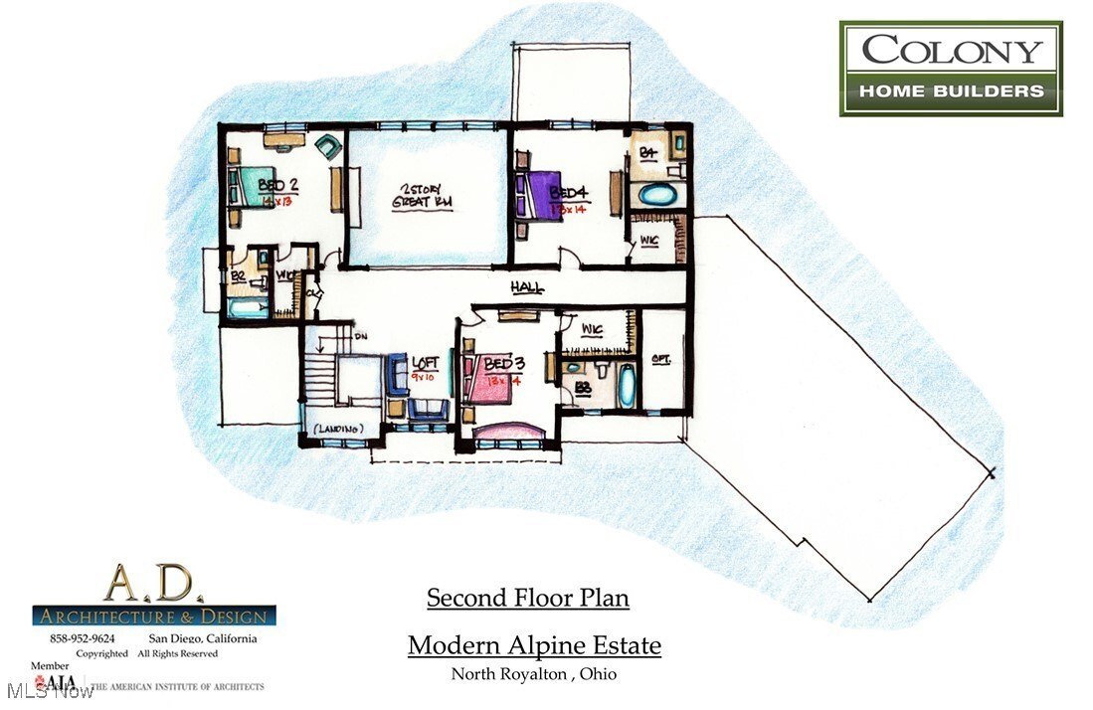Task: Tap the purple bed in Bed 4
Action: click(536, 193)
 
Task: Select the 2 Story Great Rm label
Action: click(425, 197)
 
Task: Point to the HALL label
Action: click(527, 287)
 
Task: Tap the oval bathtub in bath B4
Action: click(655, 194)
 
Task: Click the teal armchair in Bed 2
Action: click(326, 149)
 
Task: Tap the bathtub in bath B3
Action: click(627, 386)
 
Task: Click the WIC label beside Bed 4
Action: click(648, 240)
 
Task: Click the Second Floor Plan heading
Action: click(527, 598)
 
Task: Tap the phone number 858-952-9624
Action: click(83, 637)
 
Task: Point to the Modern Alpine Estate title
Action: click(534, 645)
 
